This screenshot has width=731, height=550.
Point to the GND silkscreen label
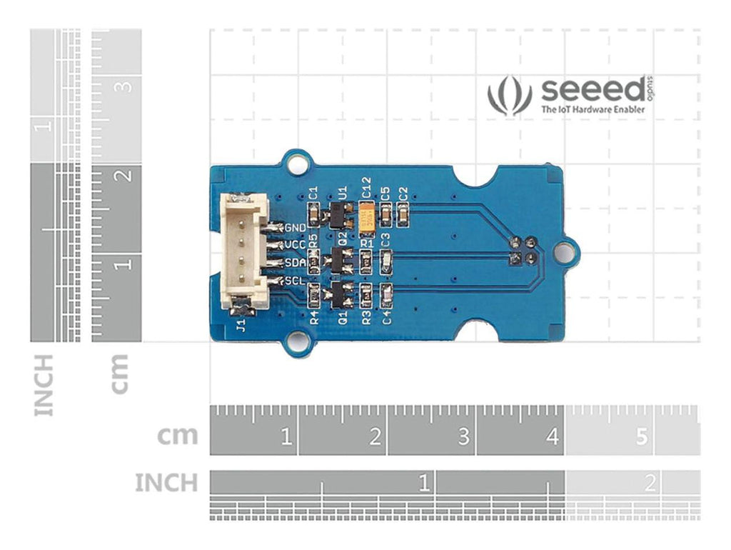click(x=296, y=228)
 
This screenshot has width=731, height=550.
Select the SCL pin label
click(x=296, y=281)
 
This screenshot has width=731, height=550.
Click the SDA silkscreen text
click(x=296, y=263)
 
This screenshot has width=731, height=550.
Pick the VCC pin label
click(x=296, y=245)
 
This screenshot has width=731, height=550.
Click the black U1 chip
click(x=339, y=213)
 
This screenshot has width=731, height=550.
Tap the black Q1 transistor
click(x=339, y=294)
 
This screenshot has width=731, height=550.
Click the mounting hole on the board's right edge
click(x=564, y=251)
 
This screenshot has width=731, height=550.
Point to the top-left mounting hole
click(x=294, y=163)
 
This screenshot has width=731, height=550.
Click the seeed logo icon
click(x=510, y=96)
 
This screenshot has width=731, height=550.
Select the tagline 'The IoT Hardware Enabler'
click(x=593, y=110)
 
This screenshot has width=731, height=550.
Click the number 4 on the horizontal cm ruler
click(x=552, y=436)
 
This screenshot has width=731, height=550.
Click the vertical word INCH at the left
click(x=44, y=385)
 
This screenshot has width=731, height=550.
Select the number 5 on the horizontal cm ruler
click(x=641, y=436)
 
